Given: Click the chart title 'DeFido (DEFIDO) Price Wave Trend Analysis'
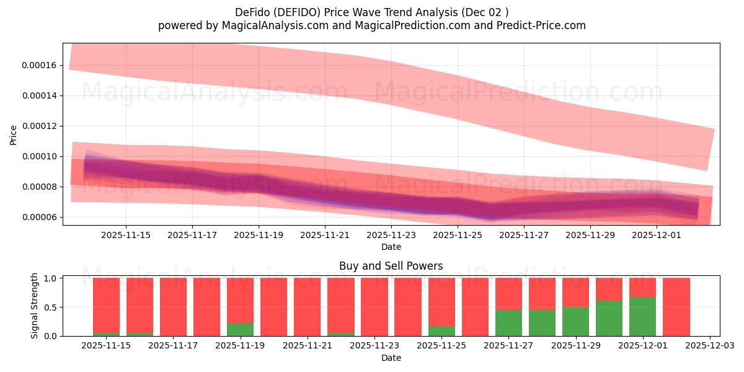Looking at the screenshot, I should pos(371,12).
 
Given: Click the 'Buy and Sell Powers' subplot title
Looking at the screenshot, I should pos(391,266).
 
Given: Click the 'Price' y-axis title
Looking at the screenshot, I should pos(14,135).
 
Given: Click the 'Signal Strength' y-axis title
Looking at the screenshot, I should pos(35,306).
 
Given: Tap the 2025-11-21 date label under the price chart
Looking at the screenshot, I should pos(325,235).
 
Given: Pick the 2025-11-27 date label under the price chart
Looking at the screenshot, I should pos(524,235).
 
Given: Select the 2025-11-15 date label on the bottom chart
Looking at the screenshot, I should pos(106,346).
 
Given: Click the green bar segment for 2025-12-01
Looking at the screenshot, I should pos(642,317).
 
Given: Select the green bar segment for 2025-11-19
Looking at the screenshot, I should pos(240,329).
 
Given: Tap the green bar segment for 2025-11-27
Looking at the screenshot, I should pos(508,323).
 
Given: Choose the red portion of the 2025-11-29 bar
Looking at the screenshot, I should pos(575,292).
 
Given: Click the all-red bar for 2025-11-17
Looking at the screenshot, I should pos(173,307).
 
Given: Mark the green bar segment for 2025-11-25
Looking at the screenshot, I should pos(441,331).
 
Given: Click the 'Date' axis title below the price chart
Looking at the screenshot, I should pos(391,247).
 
